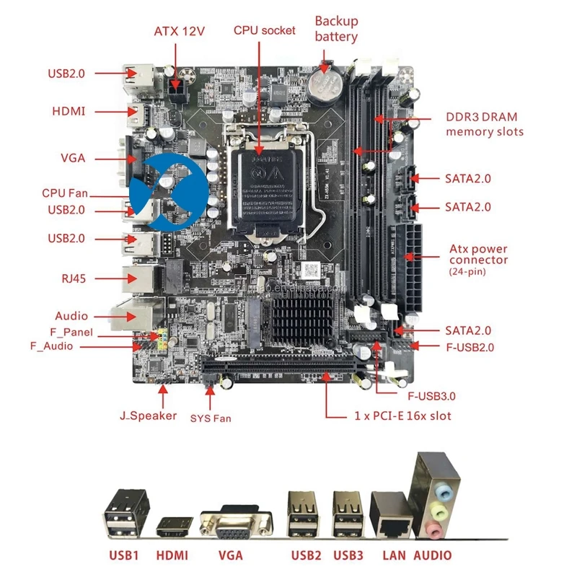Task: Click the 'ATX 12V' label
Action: [x=180, y=31]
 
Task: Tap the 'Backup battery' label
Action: [x=336, y=29]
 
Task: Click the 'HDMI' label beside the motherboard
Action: [x=69, y=111]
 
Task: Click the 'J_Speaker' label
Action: [x=148, y=415]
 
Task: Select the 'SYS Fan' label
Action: [x=211, y=418]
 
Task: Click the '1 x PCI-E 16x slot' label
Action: [x=403, y=416]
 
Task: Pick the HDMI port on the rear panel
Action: [x=174, y=526]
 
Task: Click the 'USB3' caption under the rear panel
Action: [x=348, y=555]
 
